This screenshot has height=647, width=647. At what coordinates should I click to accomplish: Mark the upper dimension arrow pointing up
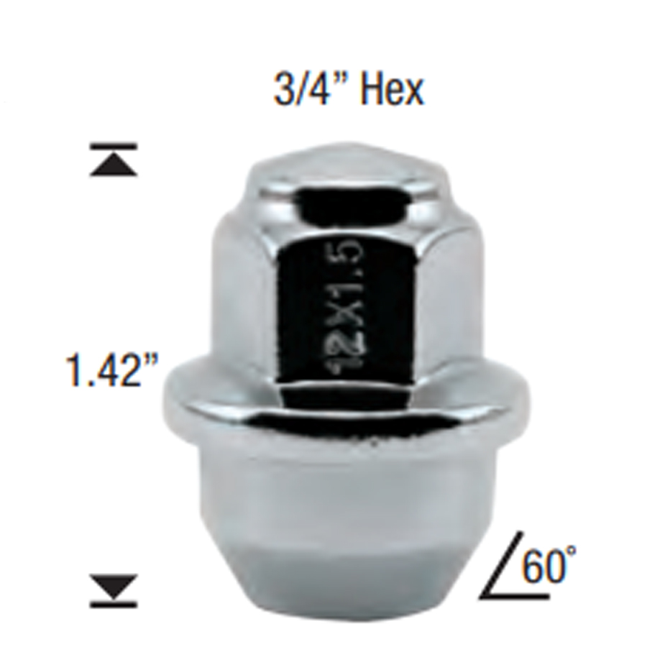113,165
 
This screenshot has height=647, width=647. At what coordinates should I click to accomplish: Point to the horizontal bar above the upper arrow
113,147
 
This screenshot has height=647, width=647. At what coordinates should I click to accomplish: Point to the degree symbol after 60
573,553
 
